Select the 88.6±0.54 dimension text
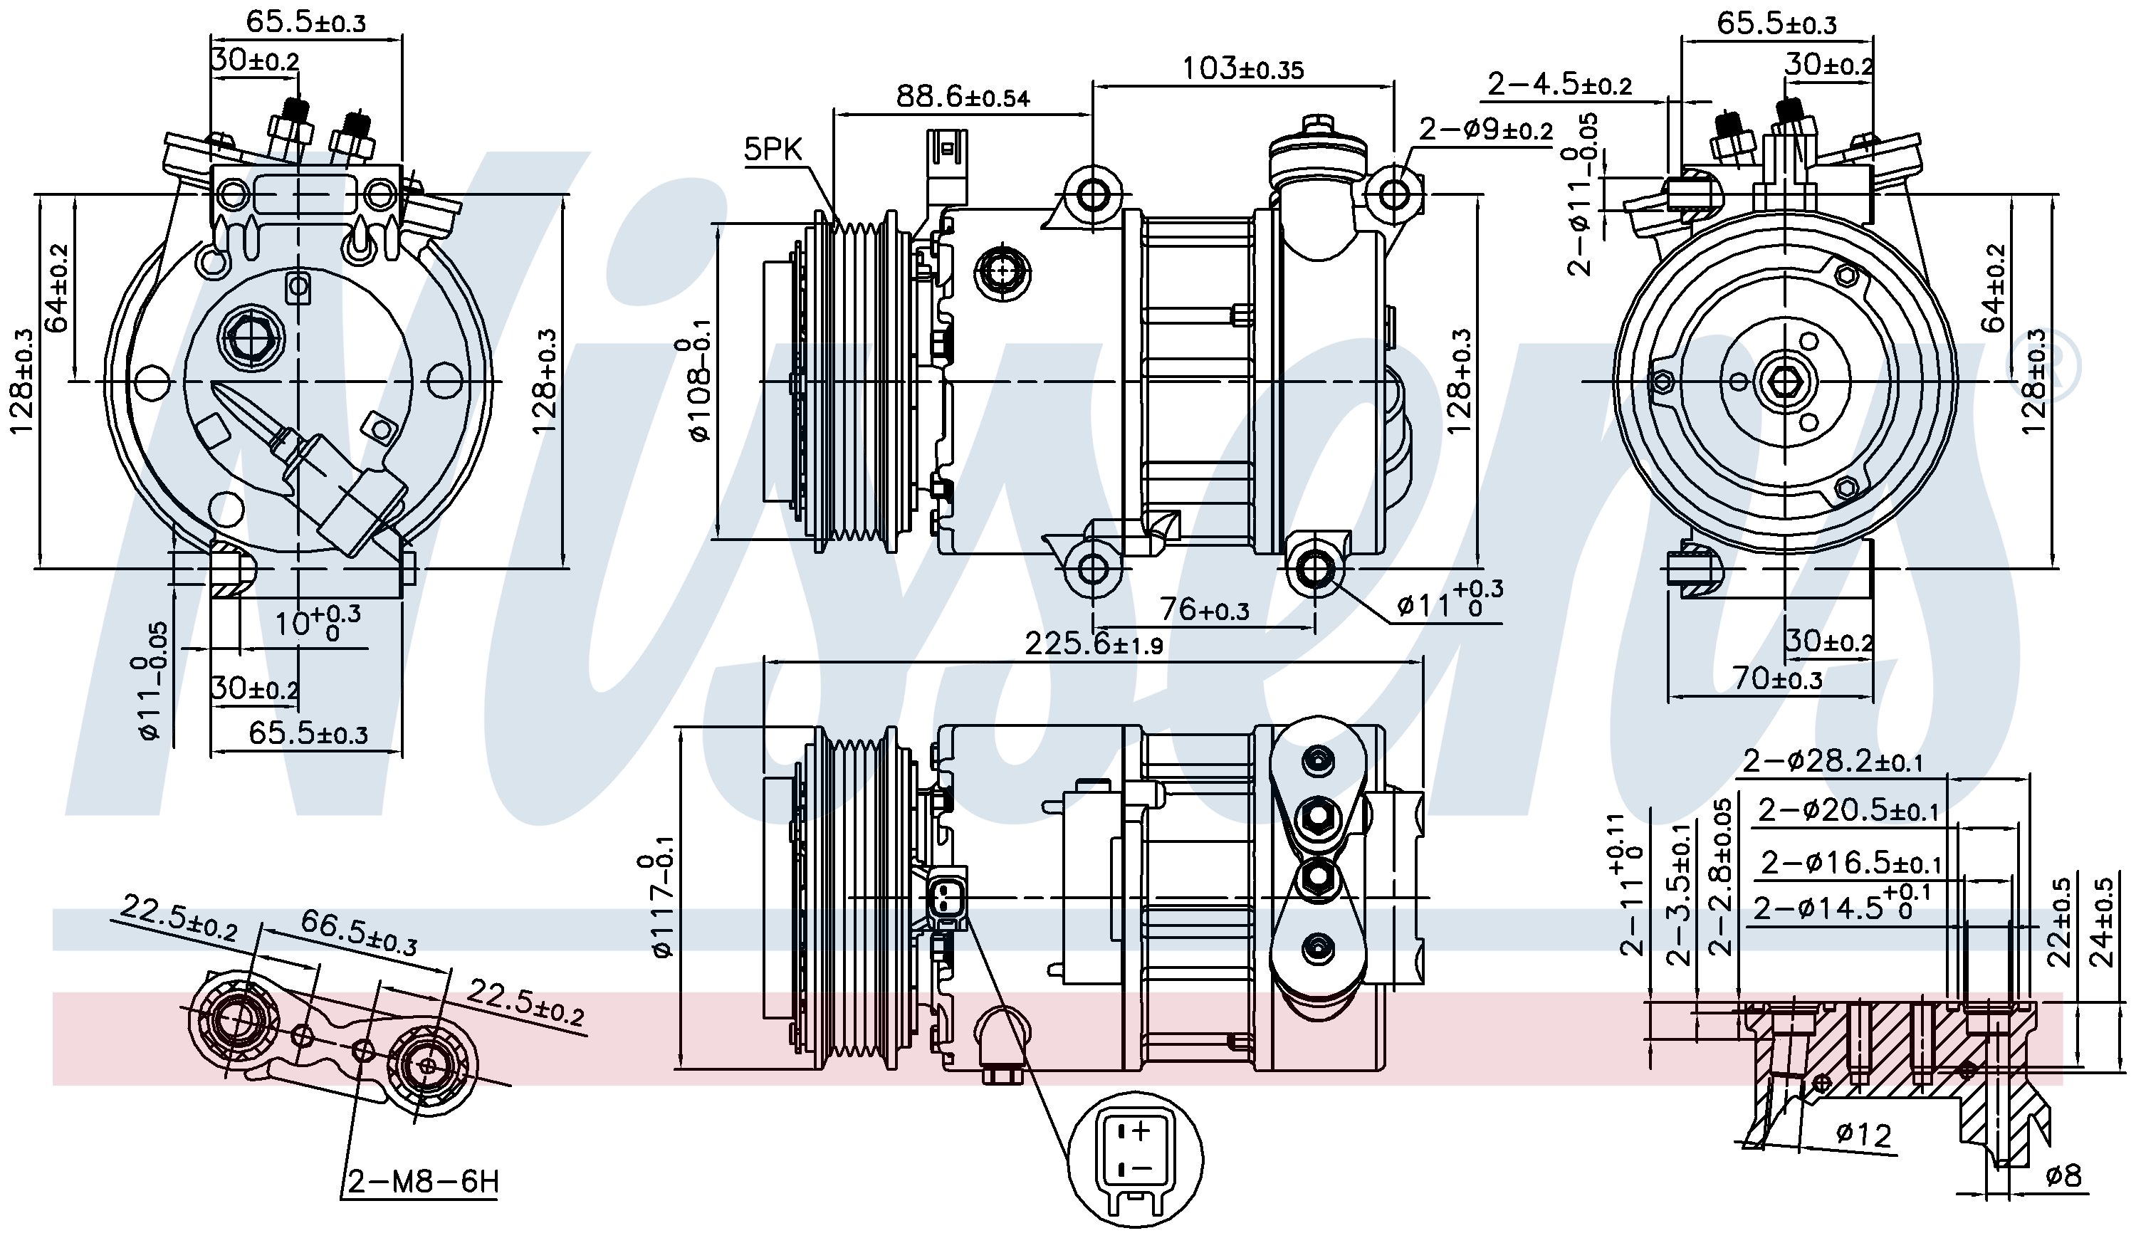963,98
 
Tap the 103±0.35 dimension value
1242,68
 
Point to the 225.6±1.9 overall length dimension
1094,645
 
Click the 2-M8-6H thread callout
422,1180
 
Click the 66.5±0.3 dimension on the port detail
359,933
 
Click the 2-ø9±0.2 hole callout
1486,130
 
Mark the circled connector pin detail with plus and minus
1134,1158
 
